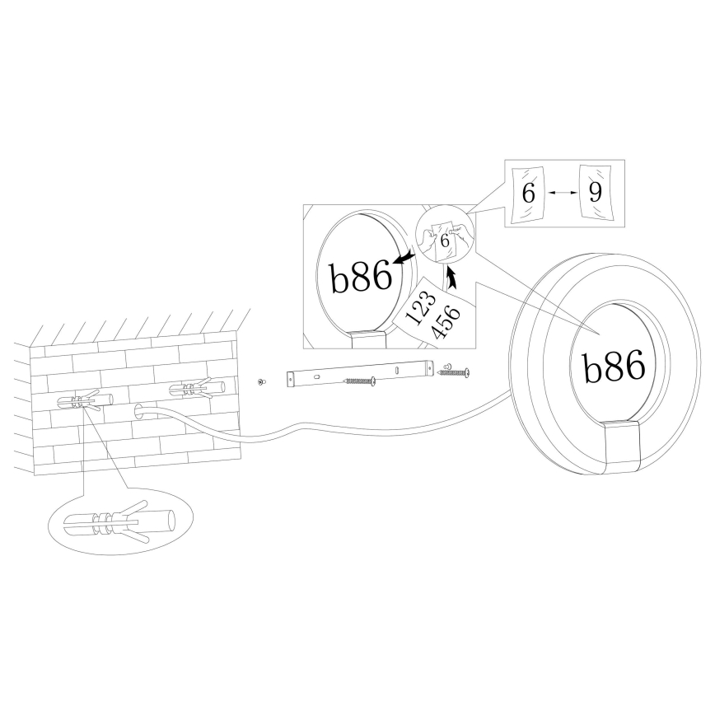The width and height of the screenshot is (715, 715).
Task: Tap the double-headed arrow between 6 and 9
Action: pyautogui.click(x=561, y=193)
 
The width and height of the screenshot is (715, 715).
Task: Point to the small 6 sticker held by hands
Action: pyautogui.click(x=445, y=241)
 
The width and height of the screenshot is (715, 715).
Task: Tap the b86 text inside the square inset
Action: pyautogui.click(x=361, y=278)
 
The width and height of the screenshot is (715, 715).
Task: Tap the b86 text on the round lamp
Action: pyautogui.click(x=614, y=367)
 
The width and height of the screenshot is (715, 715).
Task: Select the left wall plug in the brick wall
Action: pyautogui.click(x=80, y=402)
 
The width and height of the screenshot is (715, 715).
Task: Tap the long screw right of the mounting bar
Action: pyautogui.click(x=454, y=373)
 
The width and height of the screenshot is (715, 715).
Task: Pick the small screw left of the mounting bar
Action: pyautogui.click(x=261, y=382)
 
